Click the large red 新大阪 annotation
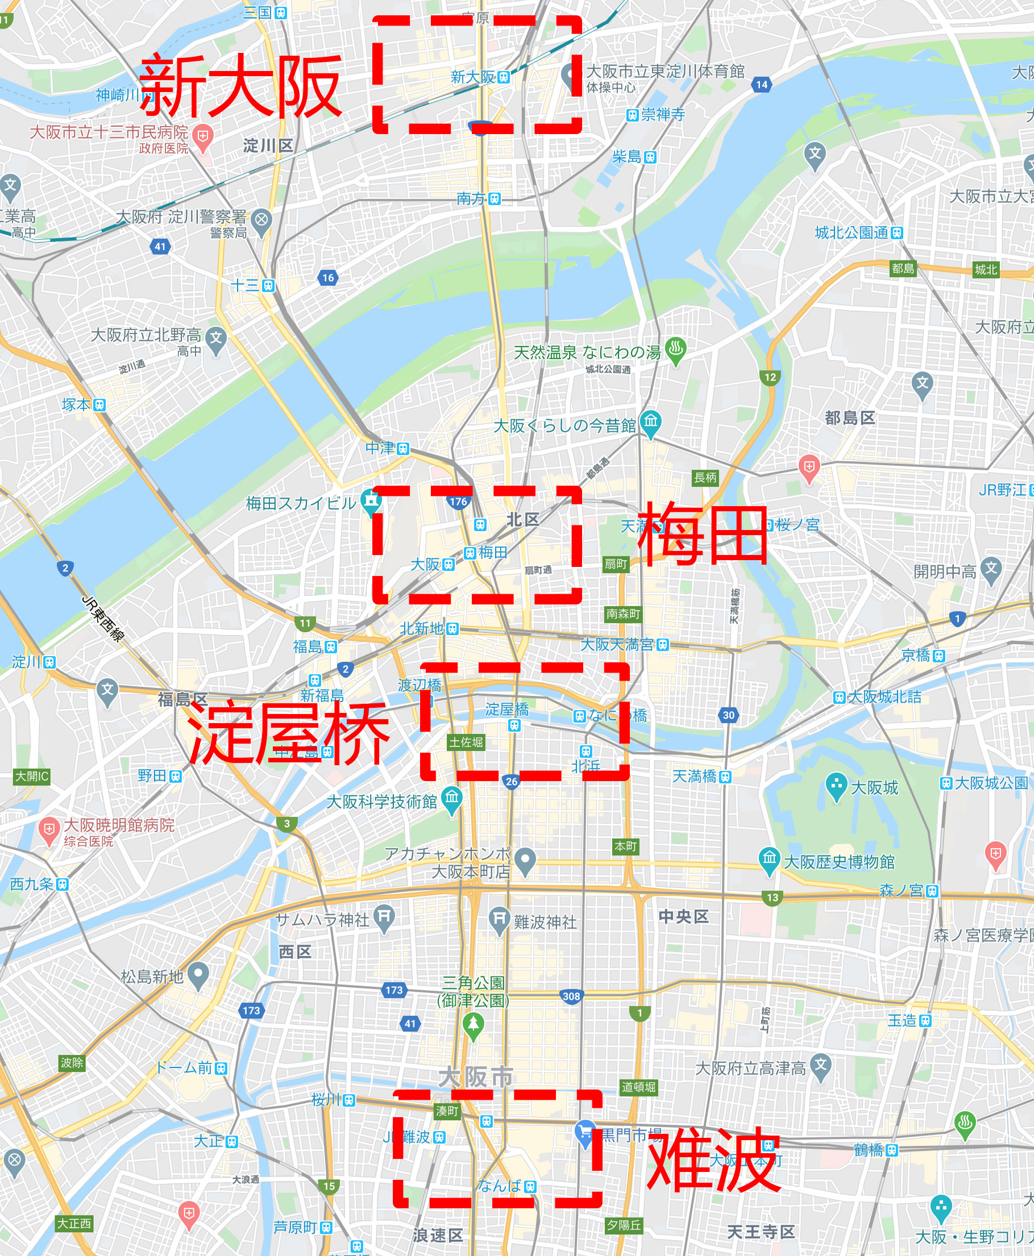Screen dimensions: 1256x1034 pos(240,86)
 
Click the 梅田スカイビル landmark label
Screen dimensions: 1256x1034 pos(301,503)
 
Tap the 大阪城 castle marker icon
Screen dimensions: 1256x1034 pos(836,786)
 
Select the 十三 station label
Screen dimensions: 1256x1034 pos(245,285)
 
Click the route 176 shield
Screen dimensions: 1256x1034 pos(458,502)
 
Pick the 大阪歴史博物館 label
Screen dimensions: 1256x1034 pos(838,861)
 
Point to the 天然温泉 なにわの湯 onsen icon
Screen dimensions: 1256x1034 pos(675,349)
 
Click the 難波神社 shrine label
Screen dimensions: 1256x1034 pos(545,922)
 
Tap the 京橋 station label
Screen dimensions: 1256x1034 pos(915,656)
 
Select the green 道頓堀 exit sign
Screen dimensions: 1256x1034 pos(638,1087)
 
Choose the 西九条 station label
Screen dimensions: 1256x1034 pos(32,884)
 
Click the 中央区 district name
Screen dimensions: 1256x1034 pos(683,917)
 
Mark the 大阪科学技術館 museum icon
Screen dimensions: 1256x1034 pos(452,798)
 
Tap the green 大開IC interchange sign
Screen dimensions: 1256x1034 pos(32,776)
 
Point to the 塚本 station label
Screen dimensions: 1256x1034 pos(76,405)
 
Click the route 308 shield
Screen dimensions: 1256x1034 pos(571,996)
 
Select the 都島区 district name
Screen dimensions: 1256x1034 pos(849,419)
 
